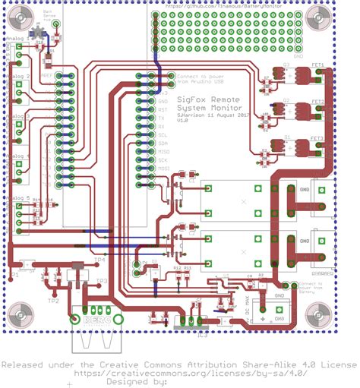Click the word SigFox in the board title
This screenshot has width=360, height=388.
point(194,99)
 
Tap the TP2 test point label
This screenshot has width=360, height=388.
point(52,301)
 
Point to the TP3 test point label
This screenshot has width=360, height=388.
point(102,281)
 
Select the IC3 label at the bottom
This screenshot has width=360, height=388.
point(202,332)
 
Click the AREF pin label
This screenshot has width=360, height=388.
point(47,76)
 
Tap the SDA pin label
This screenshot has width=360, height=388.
point(163,143)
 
